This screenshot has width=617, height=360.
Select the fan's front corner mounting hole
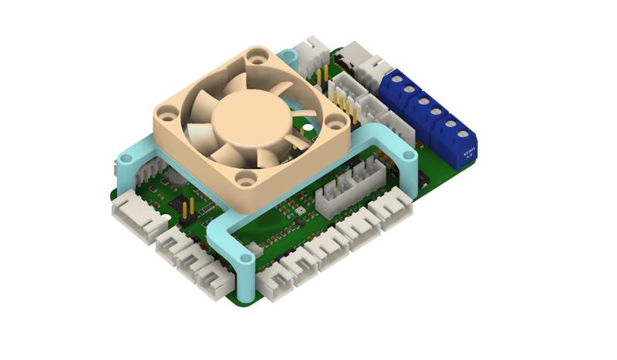(245, 180)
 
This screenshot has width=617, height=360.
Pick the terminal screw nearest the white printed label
(450, 132)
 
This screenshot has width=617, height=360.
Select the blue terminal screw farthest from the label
(397, 80)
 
